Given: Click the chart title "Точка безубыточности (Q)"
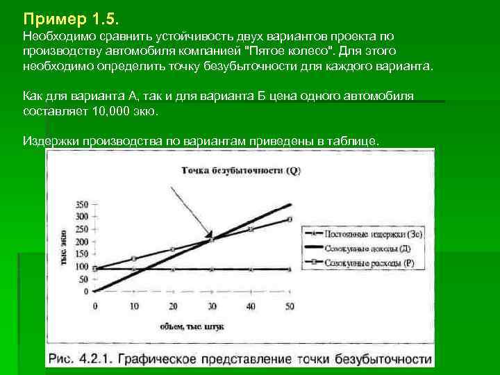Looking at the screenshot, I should click(x=241, y=169).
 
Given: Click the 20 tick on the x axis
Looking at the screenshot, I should click(x=173, y=306).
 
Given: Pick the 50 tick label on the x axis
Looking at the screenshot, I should click(x=290, y=306).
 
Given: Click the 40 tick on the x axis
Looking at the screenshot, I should click(x=251, y=306).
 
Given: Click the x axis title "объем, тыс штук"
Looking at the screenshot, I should click(x=187, y=326).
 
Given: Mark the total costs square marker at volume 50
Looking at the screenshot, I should click(x=290, y=219).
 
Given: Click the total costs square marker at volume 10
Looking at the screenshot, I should click(x=134, y=258).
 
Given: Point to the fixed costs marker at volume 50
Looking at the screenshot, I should click(x=290, y=269).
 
